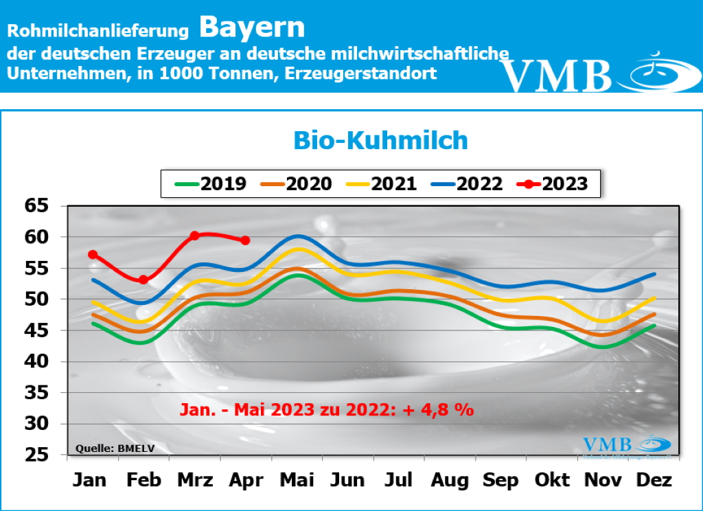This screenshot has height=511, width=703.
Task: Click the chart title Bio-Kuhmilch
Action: [380, 140]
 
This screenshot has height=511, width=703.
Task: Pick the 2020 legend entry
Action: [296, 183]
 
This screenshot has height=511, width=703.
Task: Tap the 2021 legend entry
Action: [381, 183]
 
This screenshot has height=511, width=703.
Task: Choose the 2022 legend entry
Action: [467, 183]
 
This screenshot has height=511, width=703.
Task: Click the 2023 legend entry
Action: [552, 183]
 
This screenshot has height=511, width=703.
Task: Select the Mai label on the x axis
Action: [297, 480]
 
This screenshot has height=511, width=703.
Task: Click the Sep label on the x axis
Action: [500, 480]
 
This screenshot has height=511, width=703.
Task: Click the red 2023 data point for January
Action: [93, 255]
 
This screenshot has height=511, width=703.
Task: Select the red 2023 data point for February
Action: [143, 280]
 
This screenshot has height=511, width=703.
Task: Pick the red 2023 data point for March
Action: [194, 236]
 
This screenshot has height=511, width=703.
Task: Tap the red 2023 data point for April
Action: [245, 240]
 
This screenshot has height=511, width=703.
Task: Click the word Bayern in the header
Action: [252, 27]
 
